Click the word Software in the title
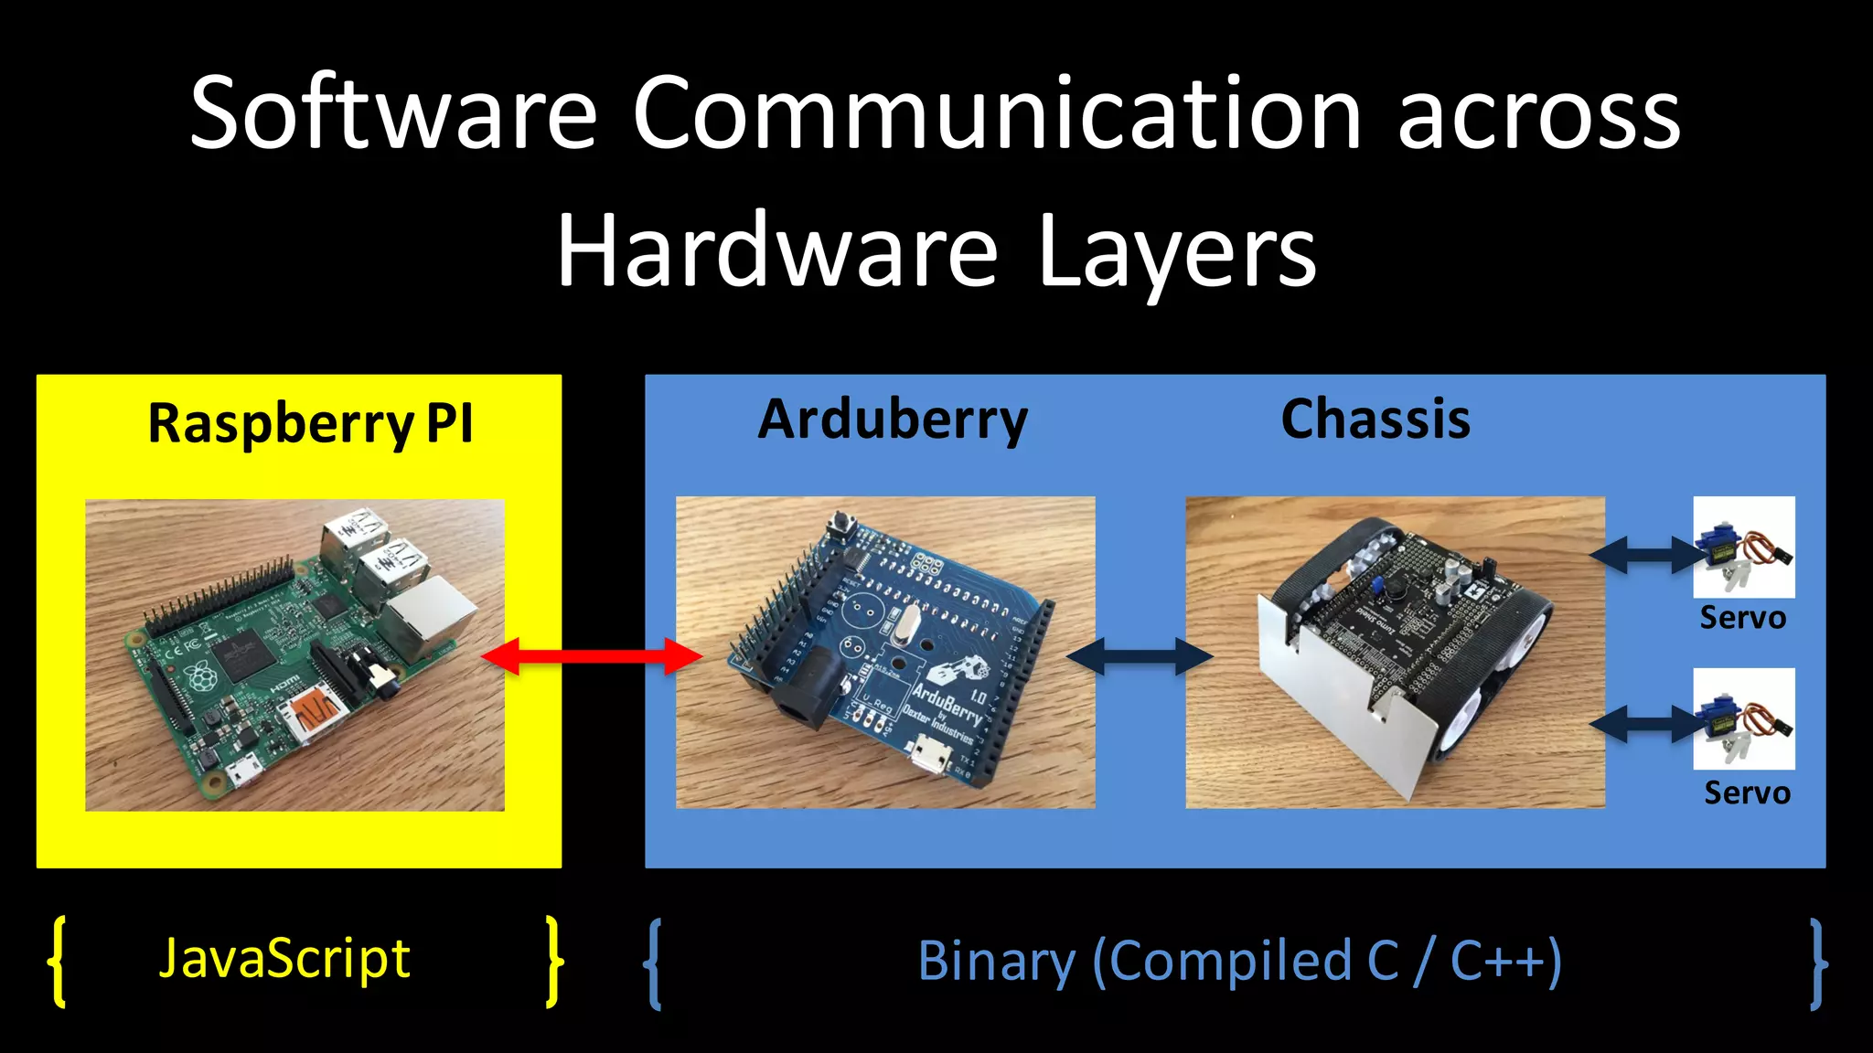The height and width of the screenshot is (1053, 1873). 393,113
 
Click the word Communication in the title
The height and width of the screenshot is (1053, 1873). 998,113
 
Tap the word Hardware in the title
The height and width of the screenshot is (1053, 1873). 777,252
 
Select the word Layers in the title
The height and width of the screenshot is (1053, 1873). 1177,252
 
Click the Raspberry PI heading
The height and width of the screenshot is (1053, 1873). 310,424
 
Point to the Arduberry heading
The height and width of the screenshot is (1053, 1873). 893,420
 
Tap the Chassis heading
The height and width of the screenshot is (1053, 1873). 1375,420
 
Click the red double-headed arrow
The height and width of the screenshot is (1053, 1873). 592,655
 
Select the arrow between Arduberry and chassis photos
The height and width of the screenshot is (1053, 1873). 1140,655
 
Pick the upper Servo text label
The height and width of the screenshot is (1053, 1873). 1742,619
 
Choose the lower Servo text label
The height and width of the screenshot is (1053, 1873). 1747,792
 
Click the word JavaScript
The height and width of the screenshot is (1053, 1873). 284,960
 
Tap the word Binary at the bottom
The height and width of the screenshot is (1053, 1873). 997,962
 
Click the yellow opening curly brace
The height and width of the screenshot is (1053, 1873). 58,962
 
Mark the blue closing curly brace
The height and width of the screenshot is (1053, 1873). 1818,963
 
